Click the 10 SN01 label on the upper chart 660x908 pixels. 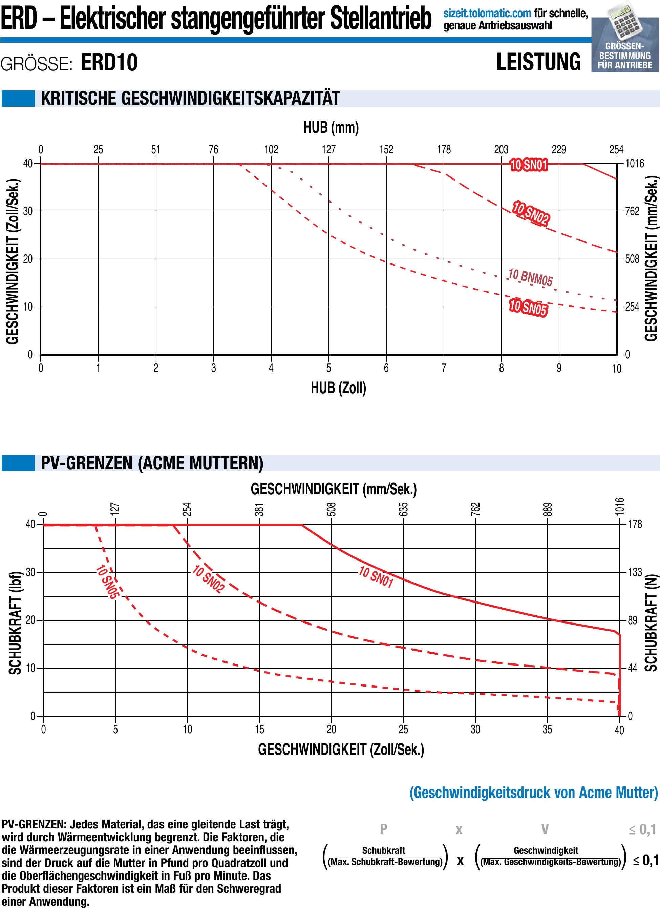[x=528, y=165]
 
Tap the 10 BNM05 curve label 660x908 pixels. [x=530, y=277]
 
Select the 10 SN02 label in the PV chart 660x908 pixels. [x=208, y=579]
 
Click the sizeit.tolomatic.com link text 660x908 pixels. [x=488, y=14]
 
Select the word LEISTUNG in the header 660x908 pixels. [x=538, y=62]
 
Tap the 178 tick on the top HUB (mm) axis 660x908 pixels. [x=444, y=150]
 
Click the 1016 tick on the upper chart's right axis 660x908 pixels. [x=635, y=163]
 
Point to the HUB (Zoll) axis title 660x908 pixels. [x=338, y=387]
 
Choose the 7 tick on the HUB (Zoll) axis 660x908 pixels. [x=444, y=368]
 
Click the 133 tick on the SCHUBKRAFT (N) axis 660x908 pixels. [x=634, y=572]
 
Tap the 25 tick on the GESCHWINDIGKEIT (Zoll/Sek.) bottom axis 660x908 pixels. [x=403, y=730]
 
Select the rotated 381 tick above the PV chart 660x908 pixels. [x=260, y=509]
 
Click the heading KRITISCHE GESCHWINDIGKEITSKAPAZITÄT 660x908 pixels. [x=190, y=99]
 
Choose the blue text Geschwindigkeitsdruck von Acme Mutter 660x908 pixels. [x=534, y=792]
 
